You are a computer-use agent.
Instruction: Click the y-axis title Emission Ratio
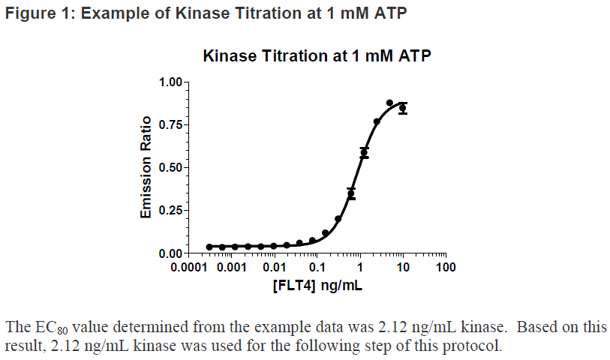(x=146, y=166)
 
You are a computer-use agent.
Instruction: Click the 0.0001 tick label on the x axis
(x=193, y=268)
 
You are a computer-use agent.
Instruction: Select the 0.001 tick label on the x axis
(x=233, y=268)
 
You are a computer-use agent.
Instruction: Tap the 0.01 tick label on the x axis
(x=276, y=268)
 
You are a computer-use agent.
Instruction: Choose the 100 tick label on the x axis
(x=446, y=268)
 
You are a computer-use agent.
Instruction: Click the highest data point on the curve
(x=389, y=103)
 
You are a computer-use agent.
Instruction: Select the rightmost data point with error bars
(x=403, y=108)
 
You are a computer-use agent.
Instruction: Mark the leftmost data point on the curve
(x=209, y=247)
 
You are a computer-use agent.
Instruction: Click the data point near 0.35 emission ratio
(x=351, y=193)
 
